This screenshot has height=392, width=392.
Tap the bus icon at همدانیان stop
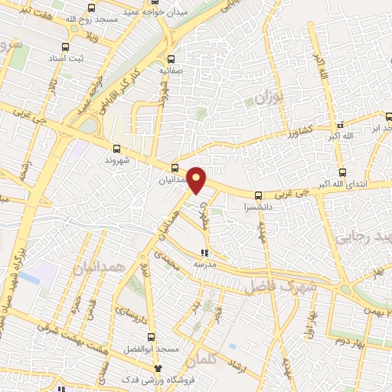[x=175, y=167]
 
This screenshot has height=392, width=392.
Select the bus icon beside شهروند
[x=116, y=149]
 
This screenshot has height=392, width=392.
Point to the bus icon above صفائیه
[x=171, y=58]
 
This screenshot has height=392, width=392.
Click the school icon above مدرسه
[x=204, y=252]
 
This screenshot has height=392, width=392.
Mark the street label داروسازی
[x=132, y=309]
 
